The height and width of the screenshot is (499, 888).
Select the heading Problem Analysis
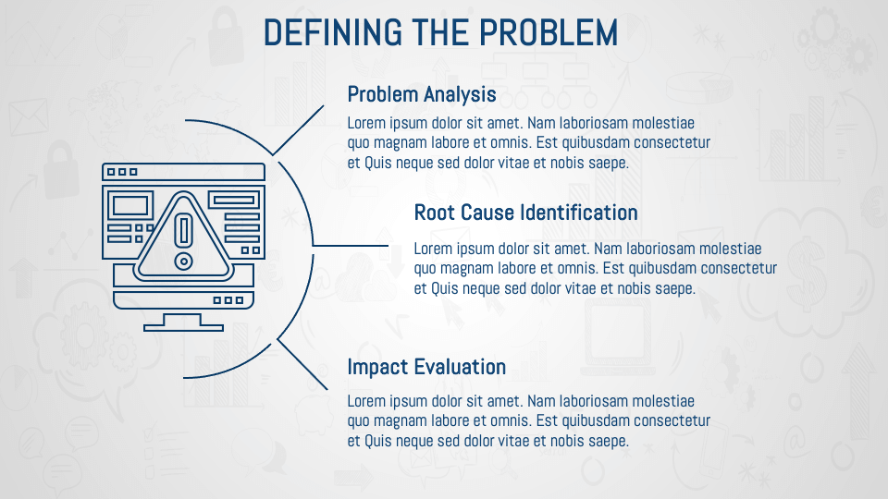point(422,94)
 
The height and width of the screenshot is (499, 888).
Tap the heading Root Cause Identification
point(525,213)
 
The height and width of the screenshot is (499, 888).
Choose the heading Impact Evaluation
point(426,367)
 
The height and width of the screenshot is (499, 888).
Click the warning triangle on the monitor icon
point(183,236)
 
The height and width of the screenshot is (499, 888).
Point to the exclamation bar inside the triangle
point(183,230)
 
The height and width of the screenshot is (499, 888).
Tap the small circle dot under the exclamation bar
point(183,262)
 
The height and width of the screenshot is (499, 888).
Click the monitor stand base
point(183,326)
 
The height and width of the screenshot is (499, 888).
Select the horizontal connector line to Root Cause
point(350,246)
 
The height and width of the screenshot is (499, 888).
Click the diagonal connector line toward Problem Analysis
point(298,130)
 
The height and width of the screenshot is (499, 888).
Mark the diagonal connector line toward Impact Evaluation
point(302,364)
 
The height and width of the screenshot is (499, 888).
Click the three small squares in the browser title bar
point(122,172)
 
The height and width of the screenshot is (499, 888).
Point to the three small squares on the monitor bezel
point(228,299)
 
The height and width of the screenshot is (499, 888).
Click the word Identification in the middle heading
point(579,213)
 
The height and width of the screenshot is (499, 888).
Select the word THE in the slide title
point(440,32)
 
